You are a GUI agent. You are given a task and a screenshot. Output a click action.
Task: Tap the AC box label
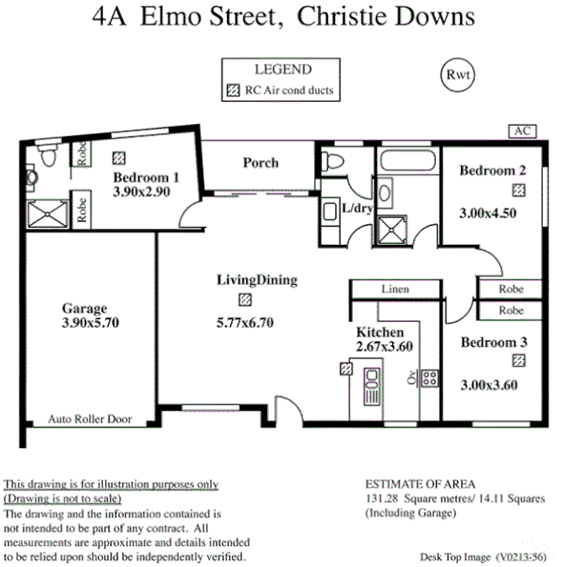tap(521, 131)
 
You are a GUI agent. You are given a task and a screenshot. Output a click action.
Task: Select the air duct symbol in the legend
tap(232, 92)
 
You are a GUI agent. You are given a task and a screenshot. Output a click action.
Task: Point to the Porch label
tap(261, 163)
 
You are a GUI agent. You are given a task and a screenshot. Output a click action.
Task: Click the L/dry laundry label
tap(356, 208)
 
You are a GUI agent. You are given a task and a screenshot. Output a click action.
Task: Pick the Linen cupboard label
tap(394, 288)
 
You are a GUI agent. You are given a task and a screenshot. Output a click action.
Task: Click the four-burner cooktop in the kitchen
tap(429, 378)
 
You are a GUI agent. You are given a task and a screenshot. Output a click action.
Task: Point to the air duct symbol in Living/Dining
tap(246, 299)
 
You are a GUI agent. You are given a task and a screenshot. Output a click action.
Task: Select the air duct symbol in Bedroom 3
tap(518, 359)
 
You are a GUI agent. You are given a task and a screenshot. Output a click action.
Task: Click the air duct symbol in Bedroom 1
tap(119, 158)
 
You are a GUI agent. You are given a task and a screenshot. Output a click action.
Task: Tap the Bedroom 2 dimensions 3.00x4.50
tap(488, 213)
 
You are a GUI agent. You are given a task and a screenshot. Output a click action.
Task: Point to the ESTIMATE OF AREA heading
tap(420, 484)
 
